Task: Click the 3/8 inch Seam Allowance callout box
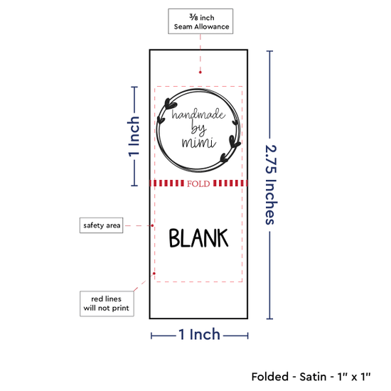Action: [200, 21]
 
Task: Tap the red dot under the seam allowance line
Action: [200, 73]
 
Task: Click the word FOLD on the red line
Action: [198, 184]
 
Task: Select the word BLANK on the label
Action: [198, 238]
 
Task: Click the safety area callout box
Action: [101, 225]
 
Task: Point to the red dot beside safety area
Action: [152, 225]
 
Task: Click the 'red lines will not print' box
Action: [107, 304]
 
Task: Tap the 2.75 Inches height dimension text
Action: [271, 185]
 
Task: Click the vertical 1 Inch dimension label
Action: [134, 136]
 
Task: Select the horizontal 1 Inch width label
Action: [200, 334]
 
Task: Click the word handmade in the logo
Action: [198, 114]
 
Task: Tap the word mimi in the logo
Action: [199, 143]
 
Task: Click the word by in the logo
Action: [199, 129]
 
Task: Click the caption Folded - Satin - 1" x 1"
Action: [311, 377]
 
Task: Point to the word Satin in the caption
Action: [313, 377]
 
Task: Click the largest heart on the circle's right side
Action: [235, 141]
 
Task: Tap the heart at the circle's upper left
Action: [171, 104]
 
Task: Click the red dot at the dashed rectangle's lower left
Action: [154, 274]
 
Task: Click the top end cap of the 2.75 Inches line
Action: [269, 51]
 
